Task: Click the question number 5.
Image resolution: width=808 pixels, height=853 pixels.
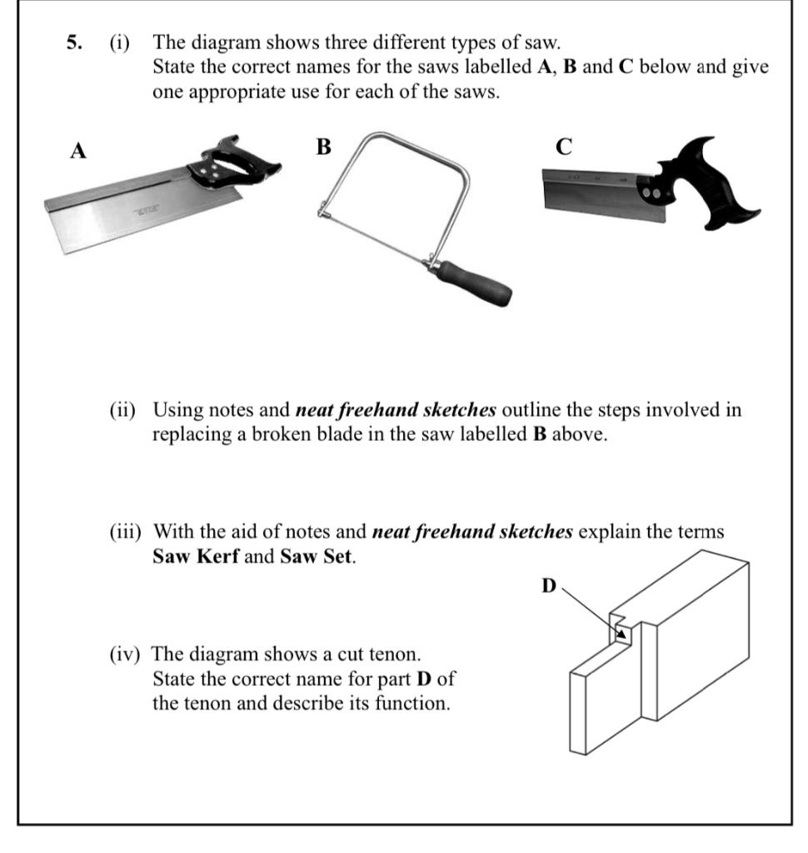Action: coord(73,42)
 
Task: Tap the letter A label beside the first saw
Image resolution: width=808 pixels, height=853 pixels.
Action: coord(77,151)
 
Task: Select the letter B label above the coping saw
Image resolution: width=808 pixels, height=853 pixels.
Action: coord(323,147)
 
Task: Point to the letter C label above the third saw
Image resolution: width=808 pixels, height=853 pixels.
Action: coord(563,147)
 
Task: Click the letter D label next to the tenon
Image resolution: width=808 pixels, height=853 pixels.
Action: coord(548,586)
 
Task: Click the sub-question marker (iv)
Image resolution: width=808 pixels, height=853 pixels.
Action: coord(127,654)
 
